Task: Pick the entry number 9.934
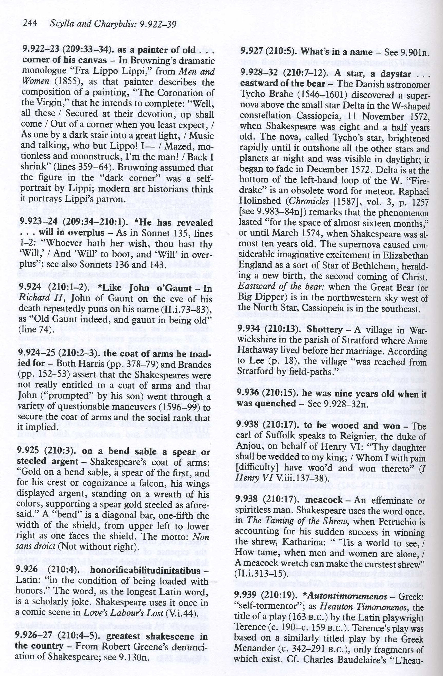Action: point(248,330)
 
